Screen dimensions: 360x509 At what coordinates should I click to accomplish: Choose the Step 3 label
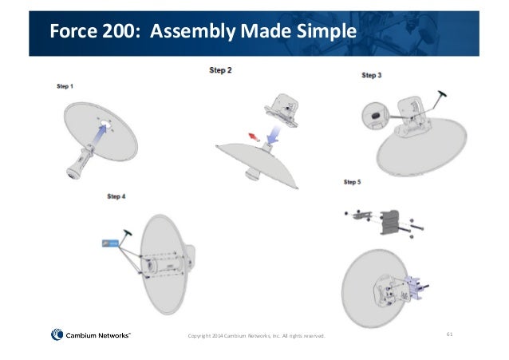pyautogui.click(x=372, y=75)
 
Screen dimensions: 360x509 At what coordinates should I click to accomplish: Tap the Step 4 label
pyautogui.click(x=116, y=196)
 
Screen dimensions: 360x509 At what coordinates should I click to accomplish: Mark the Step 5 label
pyautogui.click(x=353, y=182)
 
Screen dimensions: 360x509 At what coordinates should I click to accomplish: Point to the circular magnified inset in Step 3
pyautogui.click(x=373, y=115)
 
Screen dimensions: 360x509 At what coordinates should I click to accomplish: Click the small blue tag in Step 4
pyautogui.click(x=106, y=243)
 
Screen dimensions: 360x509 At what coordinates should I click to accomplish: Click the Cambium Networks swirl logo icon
pyautogui.click(x=57, y=335)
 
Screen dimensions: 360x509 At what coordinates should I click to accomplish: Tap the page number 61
pyautogui.click(x=449, y=334)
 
